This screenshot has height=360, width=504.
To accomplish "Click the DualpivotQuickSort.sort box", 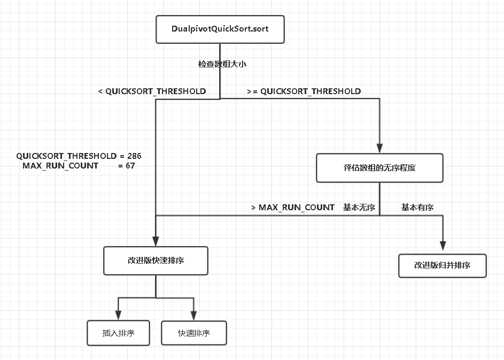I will pos(220,29).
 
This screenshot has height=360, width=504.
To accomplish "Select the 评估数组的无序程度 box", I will pos(379,167).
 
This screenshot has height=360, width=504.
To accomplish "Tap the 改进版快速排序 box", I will pos(156,261).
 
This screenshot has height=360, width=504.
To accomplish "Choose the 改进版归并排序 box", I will pos(442,265).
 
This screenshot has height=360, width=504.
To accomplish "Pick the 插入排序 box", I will pos(118,333).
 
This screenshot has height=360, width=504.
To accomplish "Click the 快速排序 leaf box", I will pos(193,333).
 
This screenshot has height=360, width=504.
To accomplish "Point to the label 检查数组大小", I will pos(222,64).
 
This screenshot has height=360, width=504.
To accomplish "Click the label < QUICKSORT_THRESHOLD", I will pos(152,91).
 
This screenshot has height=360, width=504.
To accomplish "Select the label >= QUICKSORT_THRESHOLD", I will pos(304,91).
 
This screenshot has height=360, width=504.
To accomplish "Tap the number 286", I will pos(134,156).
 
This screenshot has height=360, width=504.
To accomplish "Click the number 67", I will pos(129,166).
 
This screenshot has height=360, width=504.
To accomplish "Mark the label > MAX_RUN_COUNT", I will pos(293,207).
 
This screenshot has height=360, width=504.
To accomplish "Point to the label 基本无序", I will pos(359,207).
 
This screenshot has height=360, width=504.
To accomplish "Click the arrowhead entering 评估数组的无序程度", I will pos(379,149).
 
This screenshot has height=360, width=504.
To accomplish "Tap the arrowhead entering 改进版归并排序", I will pos(443,248).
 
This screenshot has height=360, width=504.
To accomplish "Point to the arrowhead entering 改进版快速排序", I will pos(156,242).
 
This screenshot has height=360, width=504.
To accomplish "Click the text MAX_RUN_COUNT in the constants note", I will pos(60,166).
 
